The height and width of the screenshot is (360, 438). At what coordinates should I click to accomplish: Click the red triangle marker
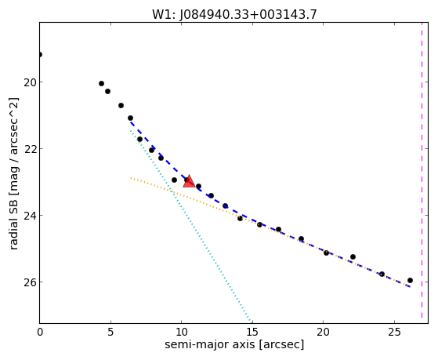[189, 181]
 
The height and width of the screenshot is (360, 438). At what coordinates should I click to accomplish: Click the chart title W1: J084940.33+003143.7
[234, 15]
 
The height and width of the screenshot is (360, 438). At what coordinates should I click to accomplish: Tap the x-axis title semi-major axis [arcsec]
[234, 344]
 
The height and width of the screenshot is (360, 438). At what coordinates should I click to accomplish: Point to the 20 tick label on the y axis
[30, 82]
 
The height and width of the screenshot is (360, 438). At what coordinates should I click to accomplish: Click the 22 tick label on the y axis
[30, 149]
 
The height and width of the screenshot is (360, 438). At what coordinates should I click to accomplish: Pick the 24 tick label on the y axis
[30, 216]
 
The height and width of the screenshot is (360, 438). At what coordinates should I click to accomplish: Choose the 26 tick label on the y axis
[30, 282]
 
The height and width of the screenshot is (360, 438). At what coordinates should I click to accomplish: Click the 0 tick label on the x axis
[40, 332]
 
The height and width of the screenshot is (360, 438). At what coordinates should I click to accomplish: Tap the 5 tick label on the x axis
[111, 332]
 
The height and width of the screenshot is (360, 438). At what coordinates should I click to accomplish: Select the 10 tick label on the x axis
[182, 332]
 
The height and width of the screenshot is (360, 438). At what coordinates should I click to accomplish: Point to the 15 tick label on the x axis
[252, 332]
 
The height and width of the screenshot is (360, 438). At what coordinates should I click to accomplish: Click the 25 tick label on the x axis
[394, 332]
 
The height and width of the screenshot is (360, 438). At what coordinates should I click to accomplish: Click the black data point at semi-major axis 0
[40, 55]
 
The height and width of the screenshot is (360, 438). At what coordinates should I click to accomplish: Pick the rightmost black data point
[410, 281]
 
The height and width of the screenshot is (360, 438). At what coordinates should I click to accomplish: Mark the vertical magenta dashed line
[422, 170]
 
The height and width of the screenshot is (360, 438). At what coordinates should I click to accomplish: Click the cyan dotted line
[190, 225]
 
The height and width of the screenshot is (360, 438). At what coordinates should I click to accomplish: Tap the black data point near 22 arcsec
[353, 256]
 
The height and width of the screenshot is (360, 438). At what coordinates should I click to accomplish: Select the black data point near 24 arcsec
[382, 275]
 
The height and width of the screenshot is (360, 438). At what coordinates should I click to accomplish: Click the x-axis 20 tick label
[323, 332]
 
